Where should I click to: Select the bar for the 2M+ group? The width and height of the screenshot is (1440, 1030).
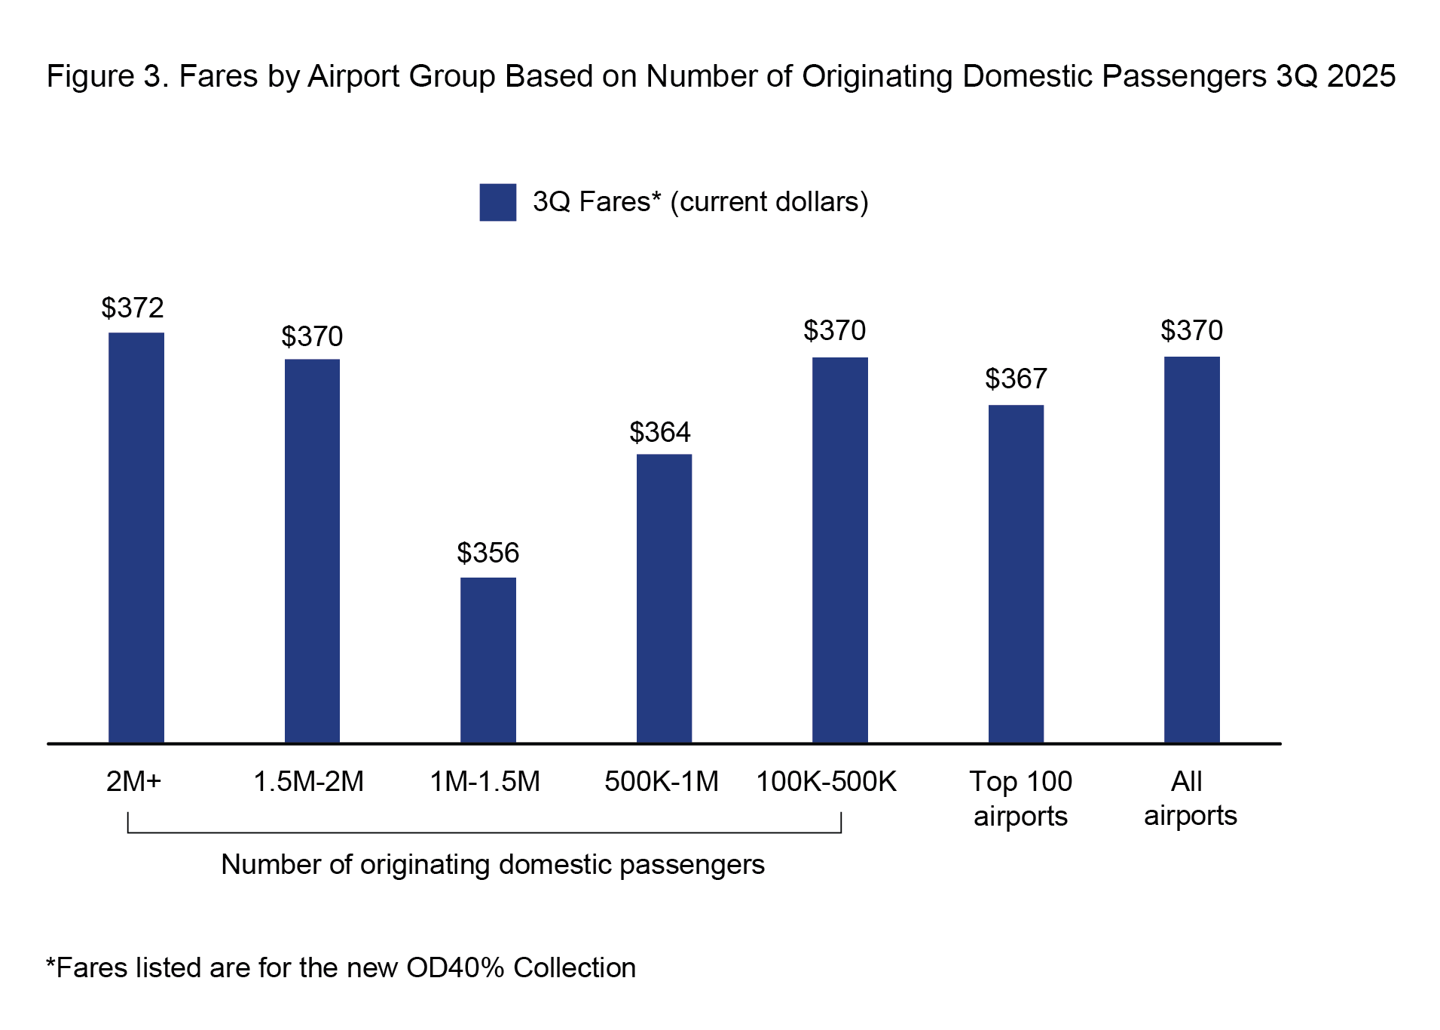(x=136, y=537)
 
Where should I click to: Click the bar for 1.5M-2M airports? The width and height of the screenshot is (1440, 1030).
(x=312, y=550)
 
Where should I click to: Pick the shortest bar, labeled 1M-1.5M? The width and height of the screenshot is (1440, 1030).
(x=488, y=660)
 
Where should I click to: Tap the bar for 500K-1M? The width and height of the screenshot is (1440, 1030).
(x=664, y=598)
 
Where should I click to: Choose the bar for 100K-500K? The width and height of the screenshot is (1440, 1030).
(x=840, y=550)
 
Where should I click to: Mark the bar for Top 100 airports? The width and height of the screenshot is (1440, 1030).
(x=1016, y=574)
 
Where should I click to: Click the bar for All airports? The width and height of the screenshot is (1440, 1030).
(x=1191, y=550)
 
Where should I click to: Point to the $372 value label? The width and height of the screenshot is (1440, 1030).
(x=133, y=308)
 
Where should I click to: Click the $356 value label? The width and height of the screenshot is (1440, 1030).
(x=488, y=553)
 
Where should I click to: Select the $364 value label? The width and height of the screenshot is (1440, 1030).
(x=660, y=432)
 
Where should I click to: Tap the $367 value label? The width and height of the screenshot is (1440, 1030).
(x=1016, y=379)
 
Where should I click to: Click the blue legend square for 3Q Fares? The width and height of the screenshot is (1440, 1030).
(x=498, y=202)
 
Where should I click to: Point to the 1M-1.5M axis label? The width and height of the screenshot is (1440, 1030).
(x=485, y=781)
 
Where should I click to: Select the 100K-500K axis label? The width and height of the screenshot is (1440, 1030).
(x=826, y=781)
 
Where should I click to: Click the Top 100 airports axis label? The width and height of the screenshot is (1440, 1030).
(x=1020, y=799)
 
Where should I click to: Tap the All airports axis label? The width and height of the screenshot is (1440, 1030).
(x=1190, y=799)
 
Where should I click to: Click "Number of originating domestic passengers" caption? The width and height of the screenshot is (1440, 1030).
(x=493, y=864)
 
